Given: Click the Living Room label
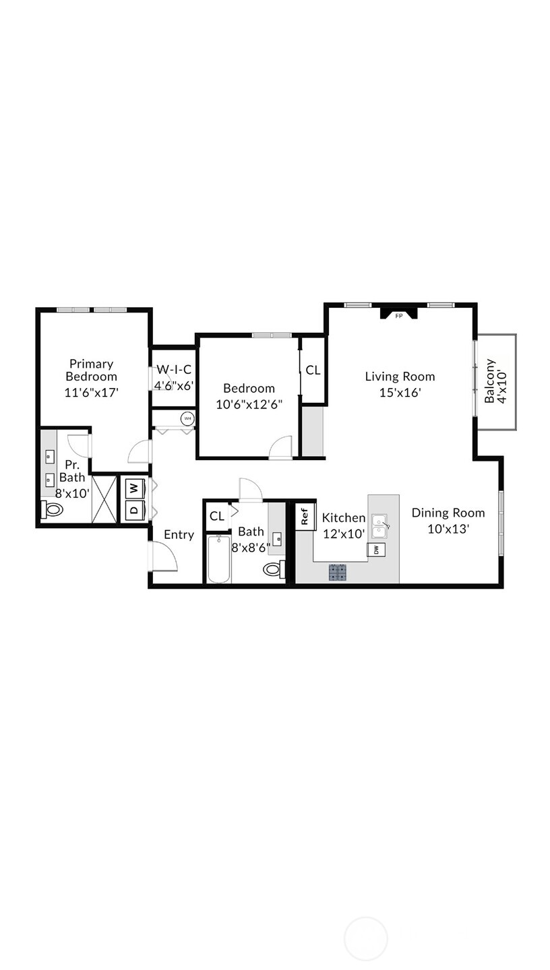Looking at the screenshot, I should pos(400,377).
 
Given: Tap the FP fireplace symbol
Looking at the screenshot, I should pos(398,314).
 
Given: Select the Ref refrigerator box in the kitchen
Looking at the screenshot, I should pos(305,517).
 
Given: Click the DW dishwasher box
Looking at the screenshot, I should pos(376,550).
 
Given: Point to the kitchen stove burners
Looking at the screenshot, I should pos(338,573).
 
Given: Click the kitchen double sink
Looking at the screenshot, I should pos(379,525).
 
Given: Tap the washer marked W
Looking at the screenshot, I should pos(135,487).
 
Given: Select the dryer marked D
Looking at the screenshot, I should pos(135,509).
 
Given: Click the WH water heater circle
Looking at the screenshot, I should pos(187,418).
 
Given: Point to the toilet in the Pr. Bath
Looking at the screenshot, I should pos(52,509).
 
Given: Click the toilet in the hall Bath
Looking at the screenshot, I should pos(273,569).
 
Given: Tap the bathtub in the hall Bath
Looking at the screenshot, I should pos(219,559).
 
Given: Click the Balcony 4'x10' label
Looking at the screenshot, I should pos(495,381).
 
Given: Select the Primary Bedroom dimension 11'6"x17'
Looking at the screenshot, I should pos(91,392).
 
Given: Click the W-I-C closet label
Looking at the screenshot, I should pos(174,370).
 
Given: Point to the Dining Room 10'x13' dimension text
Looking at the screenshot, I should pos(448,529).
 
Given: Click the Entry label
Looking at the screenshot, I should pos(179,535).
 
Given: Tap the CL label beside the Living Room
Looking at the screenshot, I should pos(313,370).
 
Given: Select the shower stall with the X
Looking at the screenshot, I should pos(104,498).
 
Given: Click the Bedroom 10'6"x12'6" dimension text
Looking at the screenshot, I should pos(249,404).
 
